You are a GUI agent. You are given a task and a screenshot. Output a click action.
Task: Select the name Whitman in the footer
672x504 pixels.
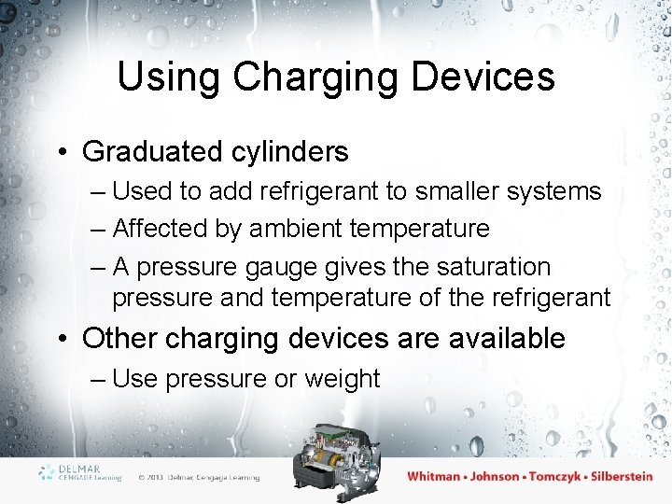click(x=434, y=476)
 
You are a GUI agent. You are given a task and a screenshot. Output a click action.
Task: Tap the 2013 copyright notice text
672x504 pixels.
click(x=199, y=477)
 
